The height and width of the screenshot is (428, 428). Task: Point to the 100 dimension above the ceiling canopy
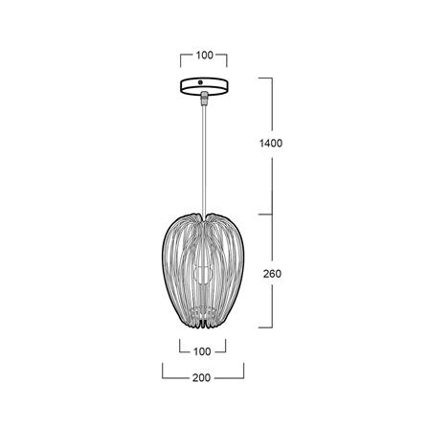coord(203,55)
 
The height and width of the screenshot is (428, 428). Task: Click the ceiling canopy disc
coord(203,86)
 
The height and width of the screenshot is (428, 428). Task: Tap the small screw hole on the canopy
coord(203,83)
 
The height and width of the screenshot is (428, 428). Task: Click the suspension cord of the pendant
coord(203,153)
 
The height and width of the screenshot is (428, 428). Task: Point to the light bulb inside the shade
coord(203,274)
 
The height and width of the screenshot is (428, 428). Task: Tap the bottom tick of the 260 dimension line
coord(269,326)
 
